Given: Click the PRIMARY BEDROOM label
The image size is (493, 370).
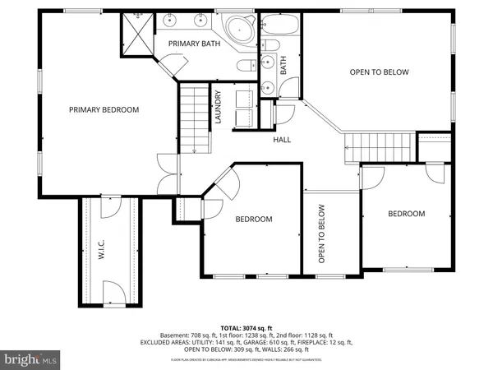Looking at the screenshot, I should click(104, 109).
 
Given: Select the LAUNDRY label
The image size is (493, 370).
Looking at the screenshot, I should click(219, 107).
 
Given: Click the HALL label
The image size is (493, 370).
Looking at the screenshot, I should click(283, 139).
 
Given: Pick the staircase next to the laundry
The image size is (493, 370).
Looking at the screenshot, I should click(195, 120).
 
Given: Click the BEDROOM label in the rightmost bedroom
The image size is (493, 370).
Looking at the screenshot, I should click(406, 214).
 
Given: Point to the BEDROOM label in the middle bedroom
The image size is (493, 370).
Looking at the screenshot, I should click(254, 219).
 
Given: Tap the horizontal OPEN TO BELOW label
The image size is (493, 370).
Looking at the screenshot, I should click(379, 72).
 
